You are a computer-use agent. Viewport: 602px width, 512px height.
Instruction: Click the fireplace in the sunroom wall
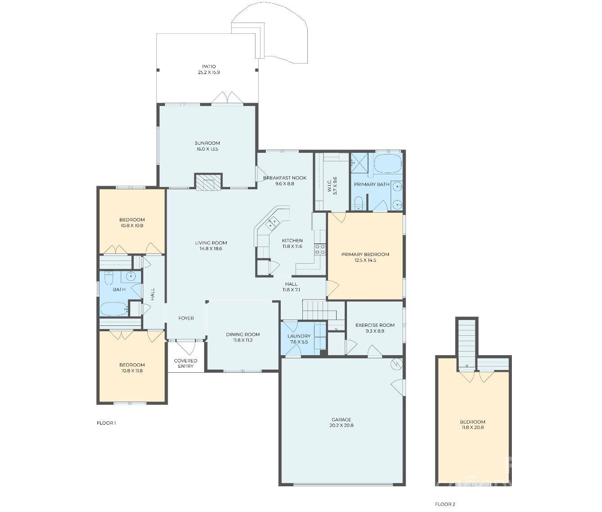(x=208, y=182)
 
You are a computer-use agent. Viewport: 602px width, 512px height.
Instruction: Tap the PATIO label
(x=209, y=67)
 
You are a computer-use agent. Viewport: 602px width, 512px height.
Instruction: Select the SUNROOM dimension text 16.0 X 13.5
(x=207, y=149)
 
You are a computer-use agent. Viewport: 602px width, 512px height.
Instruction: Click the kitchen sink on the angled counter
(x=273, y=222)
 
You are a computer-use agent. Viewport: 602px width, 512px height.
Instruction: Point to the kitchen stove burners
(x=320, y=250)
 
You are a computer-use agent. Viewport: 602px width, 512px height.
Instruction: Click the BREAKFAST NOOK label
(x=284, y=178)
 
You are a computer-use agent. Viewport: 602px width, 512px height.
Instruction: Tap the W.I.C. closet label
(x=329, y=185)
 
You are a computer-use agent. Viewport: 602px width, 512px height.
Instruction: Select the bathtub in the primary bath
(x=388, y=163)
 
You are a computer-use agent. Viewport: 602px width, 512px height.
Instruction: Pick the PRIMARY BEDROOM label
(x=365, y=254)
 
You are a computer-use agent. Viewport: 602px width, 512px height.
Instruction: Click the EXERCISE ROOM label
(x=374, y=325)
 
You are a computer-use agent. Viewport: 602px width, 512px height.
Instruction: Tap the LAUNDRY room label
(x=299, y=336)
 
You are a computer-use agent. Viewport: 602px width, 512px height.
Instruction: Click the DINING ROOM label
(x=243, y=334)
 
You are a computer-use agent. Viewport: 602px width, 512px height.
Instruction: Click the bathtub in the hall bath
(x=114, y=309)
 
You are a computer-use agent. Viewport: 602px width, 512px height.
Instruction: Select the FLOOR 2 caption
(x=445, y=504)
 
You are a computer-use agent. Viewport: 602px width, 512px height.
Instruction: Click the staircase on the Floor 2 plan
(x=466, y=343)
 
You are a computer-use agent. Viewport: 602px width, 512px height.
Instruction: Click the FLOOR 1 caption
(x=106, y=423)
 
